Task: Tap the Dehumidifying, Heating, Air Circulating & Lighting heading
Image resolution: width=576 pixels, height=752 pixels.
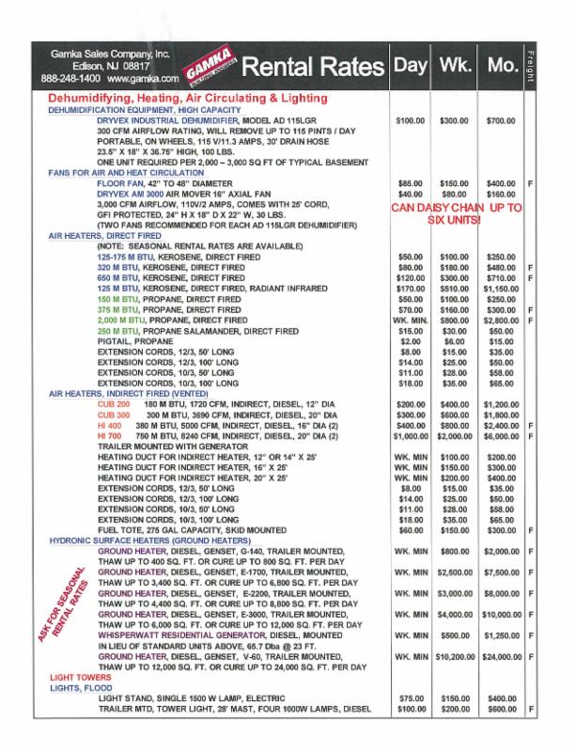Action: (186, 98)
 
